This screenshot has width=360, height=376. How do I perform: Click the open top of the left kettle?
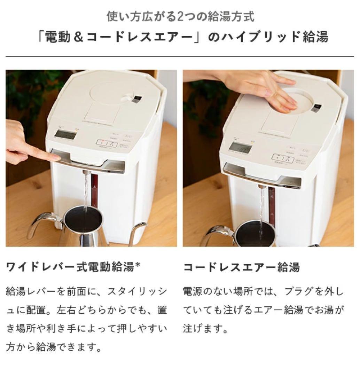tap(84, 218)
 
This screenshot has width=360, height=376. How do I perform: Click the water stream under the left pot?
tap(85, 190)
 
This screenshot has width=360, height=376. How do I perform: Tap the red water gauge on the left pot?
tap(94, 191)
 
